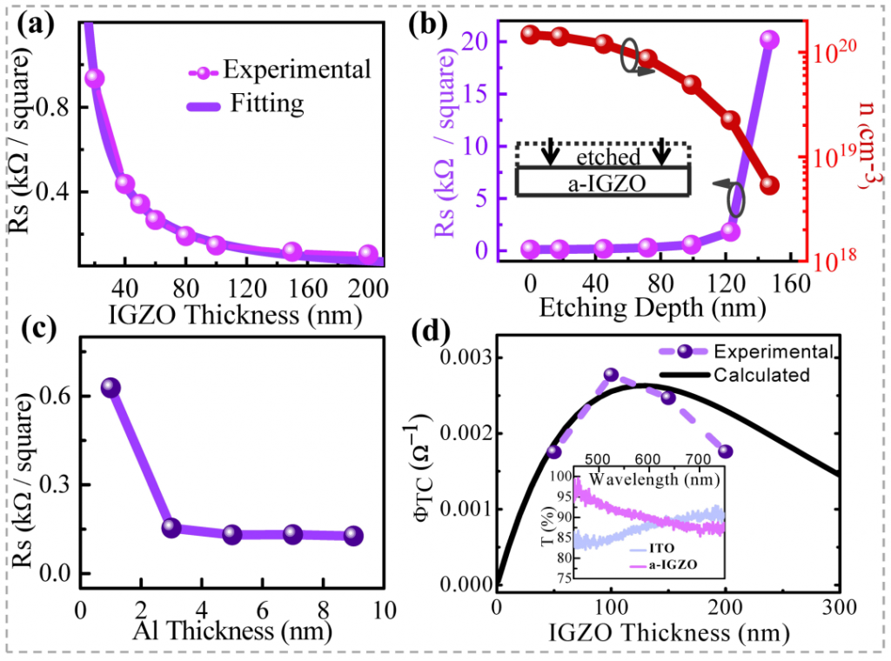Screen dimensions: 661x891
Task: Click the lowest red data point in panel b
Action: (x=769, y=185)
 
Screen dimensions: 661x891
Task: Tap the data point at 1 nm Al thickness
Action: (x=111, y=388)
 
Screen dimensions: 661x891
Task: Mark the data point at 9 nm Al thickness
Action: (x=353, y=536)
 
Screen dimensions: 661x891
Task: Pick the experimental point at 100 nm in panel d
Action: (x=611, y=375)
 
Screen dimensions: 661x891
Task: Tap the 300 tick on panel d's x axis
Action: (x=839, y=607)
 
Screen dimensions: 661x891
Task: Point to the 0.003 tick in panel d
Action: (x=461, y=358)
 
